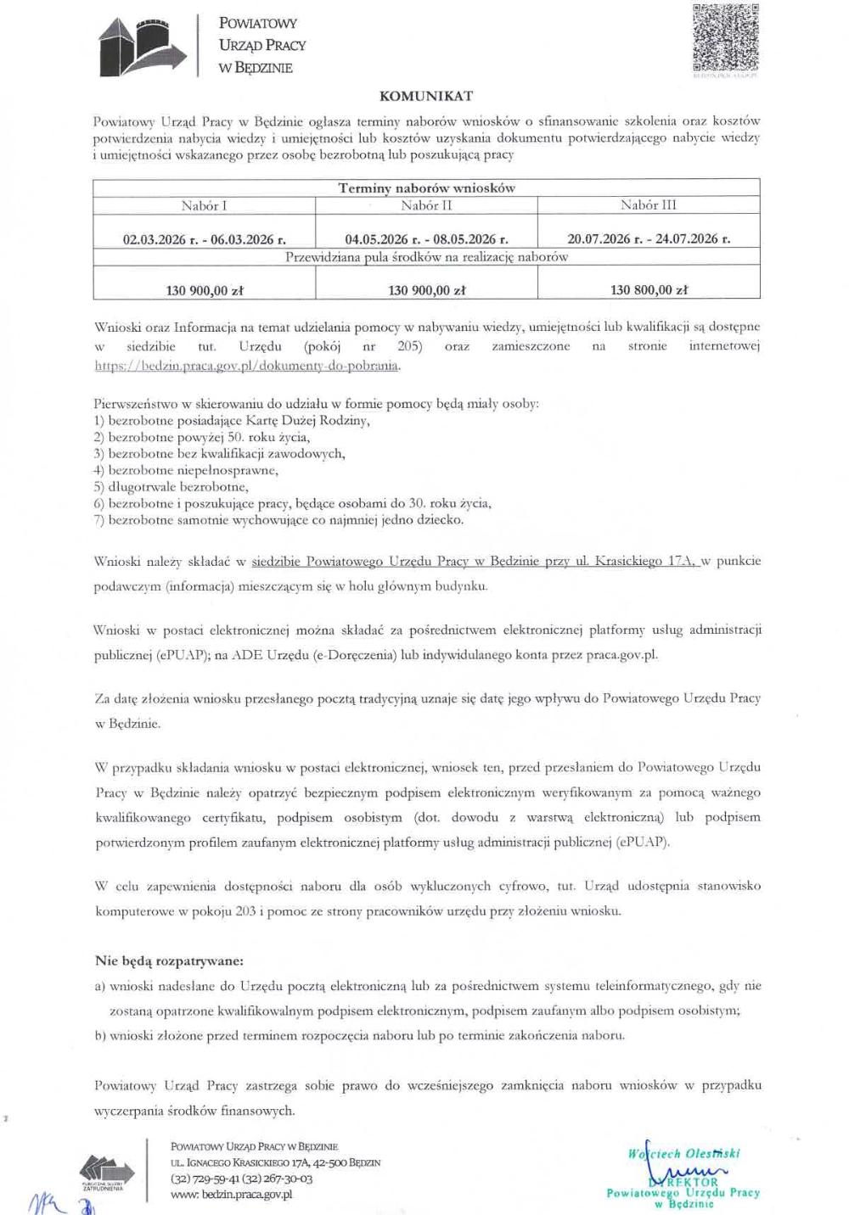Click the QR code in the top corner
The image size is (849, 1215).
click(x=725, y=38)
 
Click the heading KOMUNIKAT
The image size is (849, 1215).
click(x=426, y=96)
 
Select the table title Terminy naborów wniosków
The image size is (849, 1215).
click(x=426, y=188)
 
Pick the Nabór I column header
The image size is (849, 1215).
click(x=204, y=205)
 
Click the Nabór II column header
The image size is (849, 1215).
click(x=426, y=205)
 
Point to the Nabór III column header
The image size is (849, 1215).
click(x=649, y=205)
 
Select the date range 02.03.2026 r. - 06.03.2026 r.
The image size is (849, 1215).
click(x=204, y=239)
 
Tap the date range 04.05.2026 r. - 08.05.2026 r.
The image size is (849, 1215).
click(x=426, y=239)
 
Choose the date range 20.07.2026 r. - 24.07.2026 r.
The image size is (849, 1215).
click(x=649, y=239)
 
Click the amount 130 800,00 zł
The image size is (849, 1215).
click(x=649, y=290)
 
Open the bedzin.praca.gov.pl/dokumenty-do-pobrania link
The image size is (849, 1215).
click(x=246, y=366)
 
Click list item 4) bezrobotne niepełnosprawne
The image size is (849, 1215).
click(x=186, y=470)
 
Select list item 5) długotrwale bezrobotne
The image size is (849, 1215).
click(x=171, y=487)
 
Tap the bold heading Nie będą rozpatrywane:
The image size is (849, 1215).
click(x=169, y=961)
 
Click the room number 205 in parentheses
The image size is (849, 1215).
click(x=409, y=346)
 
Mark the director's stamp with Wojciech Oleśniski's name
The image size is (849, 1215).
click(x=683, y=1175)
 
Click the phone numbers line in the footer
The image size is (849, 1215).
click(x=242, y=1179)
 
